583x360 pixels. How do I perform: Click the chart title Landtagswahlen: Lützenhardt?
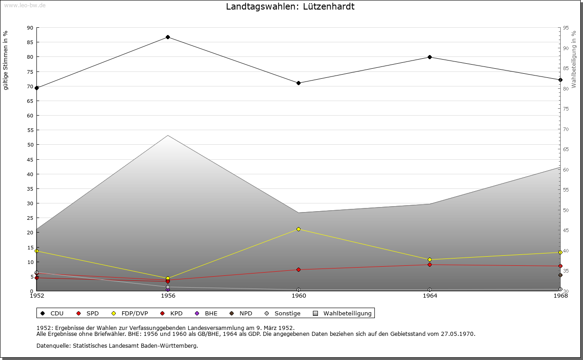290,7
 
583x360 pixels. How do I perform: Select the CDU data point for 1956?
168,37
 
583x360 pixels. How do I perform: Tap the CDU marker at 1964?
430,57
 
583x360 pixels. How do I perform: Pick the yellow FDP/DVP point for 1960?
298,229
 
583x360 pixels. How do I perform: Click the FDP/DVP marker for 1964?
430,259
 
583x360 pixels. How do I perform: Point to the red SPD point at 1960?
298,269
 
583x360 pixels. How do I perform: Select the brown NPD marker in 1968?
560,275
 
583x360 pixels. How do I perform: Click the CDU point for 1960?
298,83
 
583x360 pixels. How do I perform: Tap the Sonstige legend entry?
283,313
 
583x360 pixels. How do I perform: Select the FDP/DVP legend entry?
130,313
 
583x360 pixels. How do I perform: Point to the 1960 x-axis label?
299,296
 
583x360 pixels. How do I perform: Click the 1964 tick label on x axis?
430,296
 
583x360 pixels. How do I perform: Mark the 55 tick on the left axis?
30,130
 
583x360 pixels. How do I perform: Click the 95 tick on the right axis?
566,28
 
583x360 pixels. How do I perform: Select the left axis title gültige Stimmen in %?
6,61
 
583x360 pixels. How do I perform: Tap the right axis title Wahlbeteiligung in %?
574,60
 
